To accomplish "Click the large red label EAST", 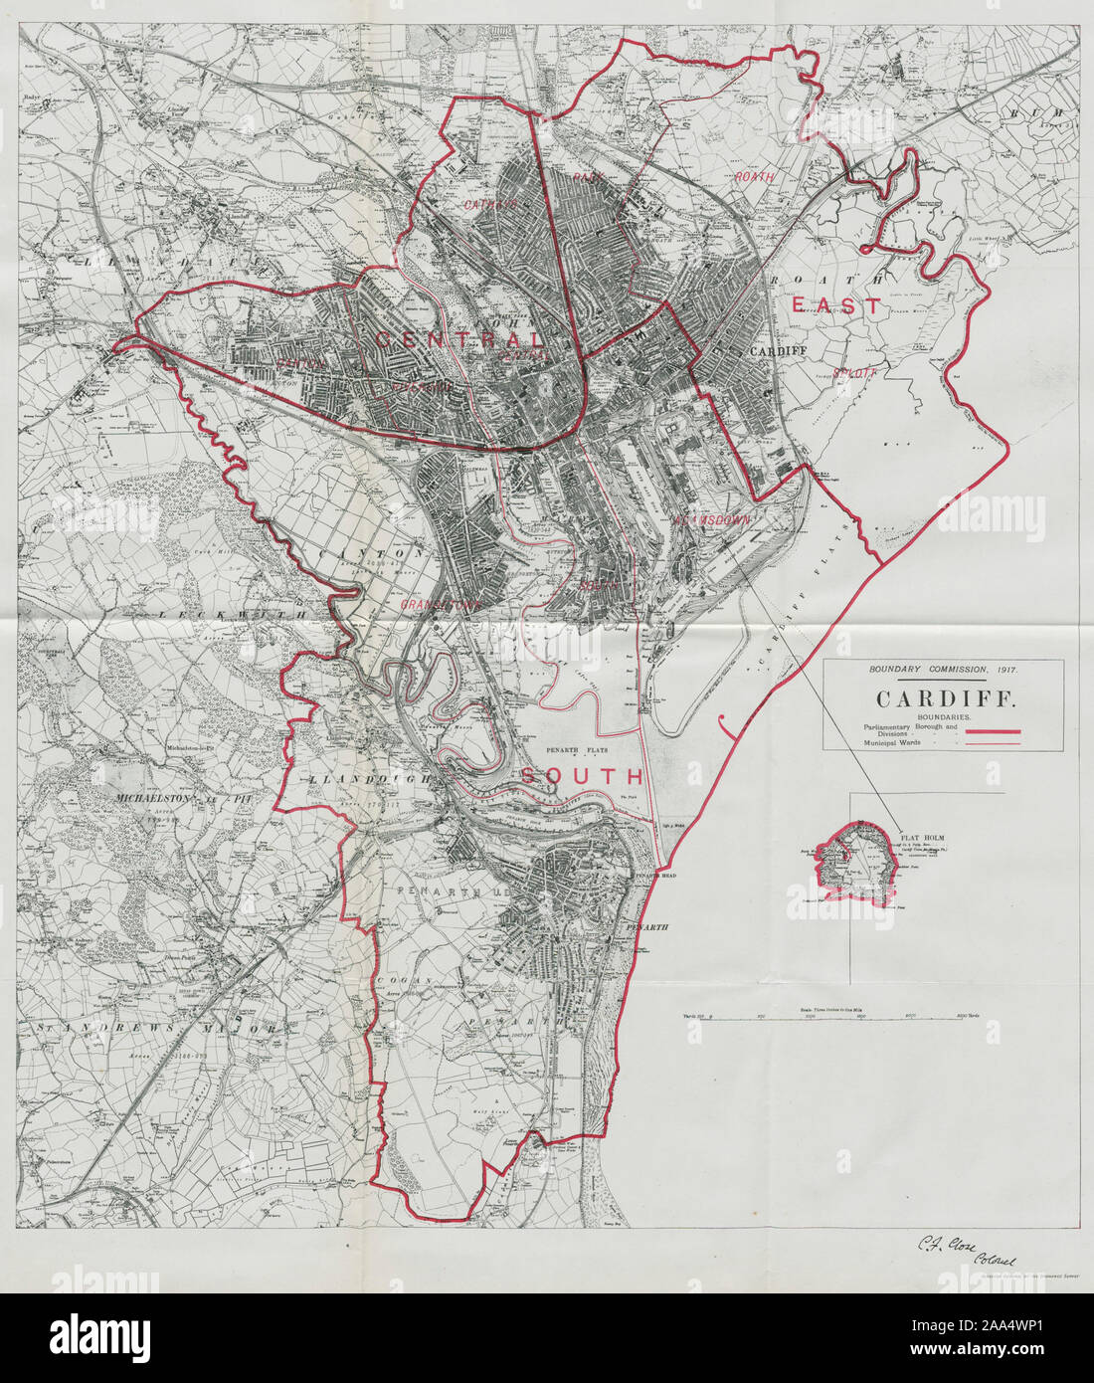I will click(837, 305).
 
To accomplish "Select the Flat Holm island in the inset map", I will click(857, 862).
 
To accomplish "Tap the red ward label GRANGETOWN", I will click(430, 603).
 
